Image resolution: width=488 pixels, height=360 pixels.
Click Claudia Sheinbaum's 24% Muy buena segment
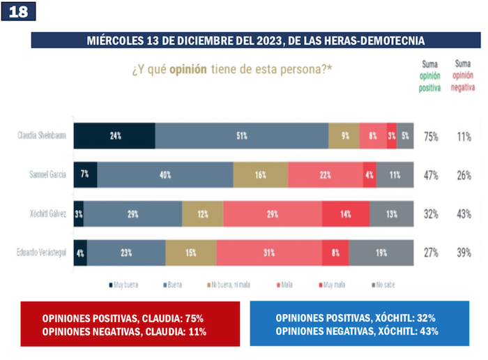[114, 136]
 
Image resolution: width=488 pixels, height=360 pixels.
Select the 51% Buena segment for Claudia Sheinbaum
[242, 136]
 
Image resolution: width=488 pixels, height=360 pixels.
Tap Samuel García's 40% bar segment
[165, 174]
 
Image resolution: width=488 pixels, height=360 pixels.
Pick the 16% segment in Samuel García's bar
[260, 174]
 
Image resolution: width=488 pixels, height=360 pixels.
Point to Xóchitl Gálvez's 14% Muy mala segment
[344, 214]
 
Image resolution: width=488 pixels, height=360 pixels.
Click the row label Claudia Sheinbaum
[42, 136]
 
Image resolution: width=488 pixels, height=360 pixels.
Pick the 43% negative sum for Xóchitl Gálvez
[463, 215]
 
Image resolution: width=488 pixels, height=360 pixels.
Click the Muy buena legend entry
[123, 285]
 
